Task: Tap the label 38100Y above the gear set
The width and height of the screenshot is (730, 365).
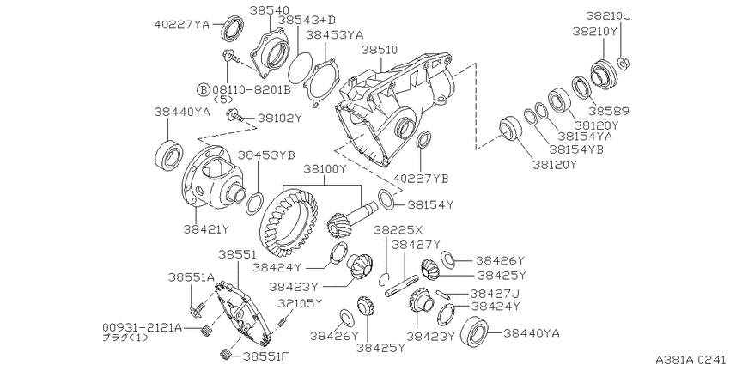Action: pyautogui.click(x=325, y=169)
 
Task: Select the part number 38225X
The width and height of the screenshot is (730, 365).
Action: pyautogui.click(x=398, y=230)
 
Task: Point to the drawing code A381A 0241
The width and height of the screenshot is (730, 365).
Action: pyautogui.click(x=690, y=359)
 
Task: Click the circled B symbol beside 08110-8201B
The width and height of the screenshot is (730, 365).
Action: pyautogui.click(x=203, y=89)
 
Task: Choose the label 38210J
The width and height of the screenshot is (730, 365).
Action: pyautogui.click(x=608, y=17)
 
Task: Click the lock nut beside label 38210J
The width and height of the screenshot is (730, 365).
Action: pyautogui.click(x=624, y=63)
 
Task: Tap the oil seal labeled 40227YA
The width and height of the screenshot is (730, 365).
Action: pyautogui.click(x=232, y=27)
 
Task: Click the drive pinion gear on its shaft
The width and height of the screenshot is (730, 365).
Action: pyautogui.click(x=351, y=217)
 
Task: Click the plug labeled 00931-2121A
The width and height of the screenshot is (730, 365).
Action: pyautogui.click(x=204, y=331)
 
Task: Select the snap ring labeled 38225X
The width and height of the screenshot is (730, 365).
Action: pyautogui.click(x=384, y=279)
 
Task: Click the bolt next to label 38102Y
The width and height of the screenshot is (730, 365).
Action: pyautogui.click(x=234, y=114)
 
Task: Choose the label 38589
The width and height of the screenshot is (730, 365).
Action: pyautogui.click(x=609, y=112)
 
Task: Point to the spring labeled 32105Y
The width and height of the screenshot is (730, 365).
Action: pyautogui.click(x=283, y=322)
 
